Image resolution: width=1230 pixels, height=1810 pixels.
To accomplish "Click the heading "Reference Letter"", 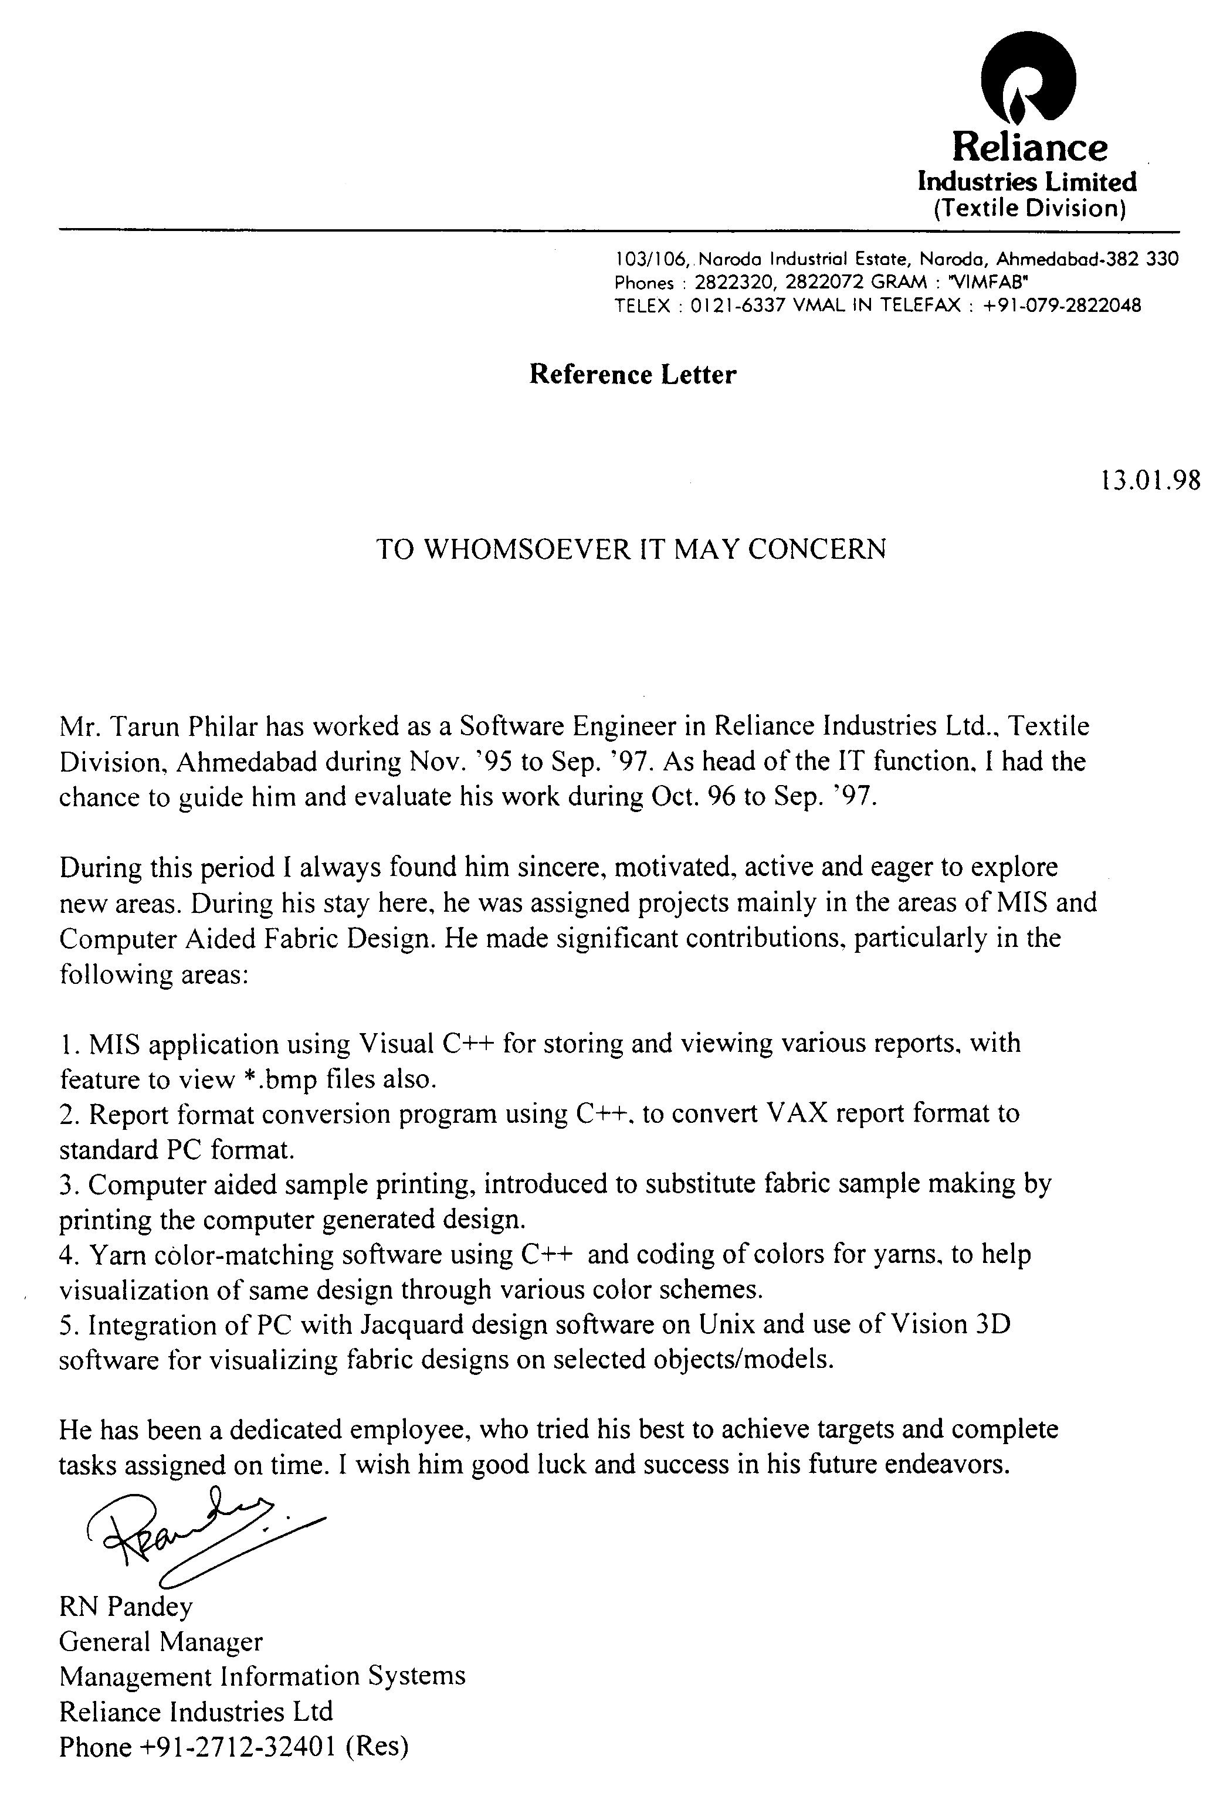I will (632, 375).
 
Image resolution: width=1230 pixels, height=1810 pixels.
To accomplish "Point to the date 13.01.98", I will (1150, 480).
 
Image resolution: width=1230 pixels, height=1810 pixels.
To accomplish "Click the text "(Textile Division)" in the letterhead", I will (1029, 209).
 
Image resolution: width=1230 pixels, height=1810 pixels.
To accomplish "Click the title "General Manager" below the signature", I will (161, 1642).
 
